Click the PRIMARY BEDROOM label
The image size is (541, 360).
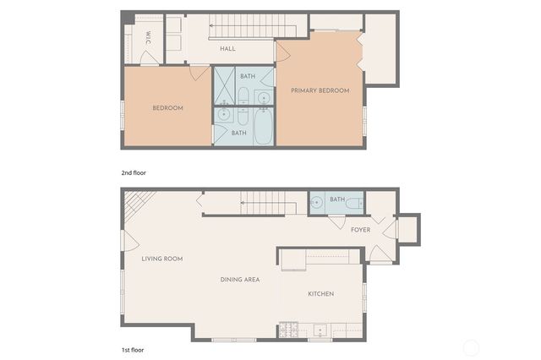[x=320, y=90]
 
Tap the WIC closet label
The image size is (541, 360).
[x=148, y=38]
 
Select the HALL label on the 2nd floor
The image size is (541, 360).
[x=227, y=49]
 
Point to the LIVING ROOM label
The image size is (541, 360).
[x=162, y=259]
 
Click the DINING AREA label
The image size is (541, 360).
[x=240, y=280]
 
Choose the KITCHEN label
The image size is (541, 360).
[x=320, y=294]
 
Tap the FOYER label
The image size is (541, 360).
[x=360, y=230]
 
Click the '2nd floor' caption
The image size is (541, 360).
[x=134, y=172]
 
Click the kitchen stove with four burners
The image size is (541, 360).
[x=290, y=330]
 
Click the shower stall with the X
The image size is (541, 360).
[x=224, y=85]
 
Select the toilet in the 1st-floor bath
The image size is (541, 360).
[x=352, y=203]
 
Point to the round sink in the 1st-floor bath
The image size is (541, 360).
[x=316, y=203]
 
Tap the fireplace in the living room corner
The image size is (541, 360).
[x=139, y=202]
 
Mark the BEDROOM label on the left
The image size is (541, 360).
[x=167, y=108]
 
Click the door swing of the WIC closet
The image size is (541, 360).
[x=149, y=57]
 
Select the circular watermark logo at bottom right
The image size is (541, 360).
[x=472, y=347]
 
